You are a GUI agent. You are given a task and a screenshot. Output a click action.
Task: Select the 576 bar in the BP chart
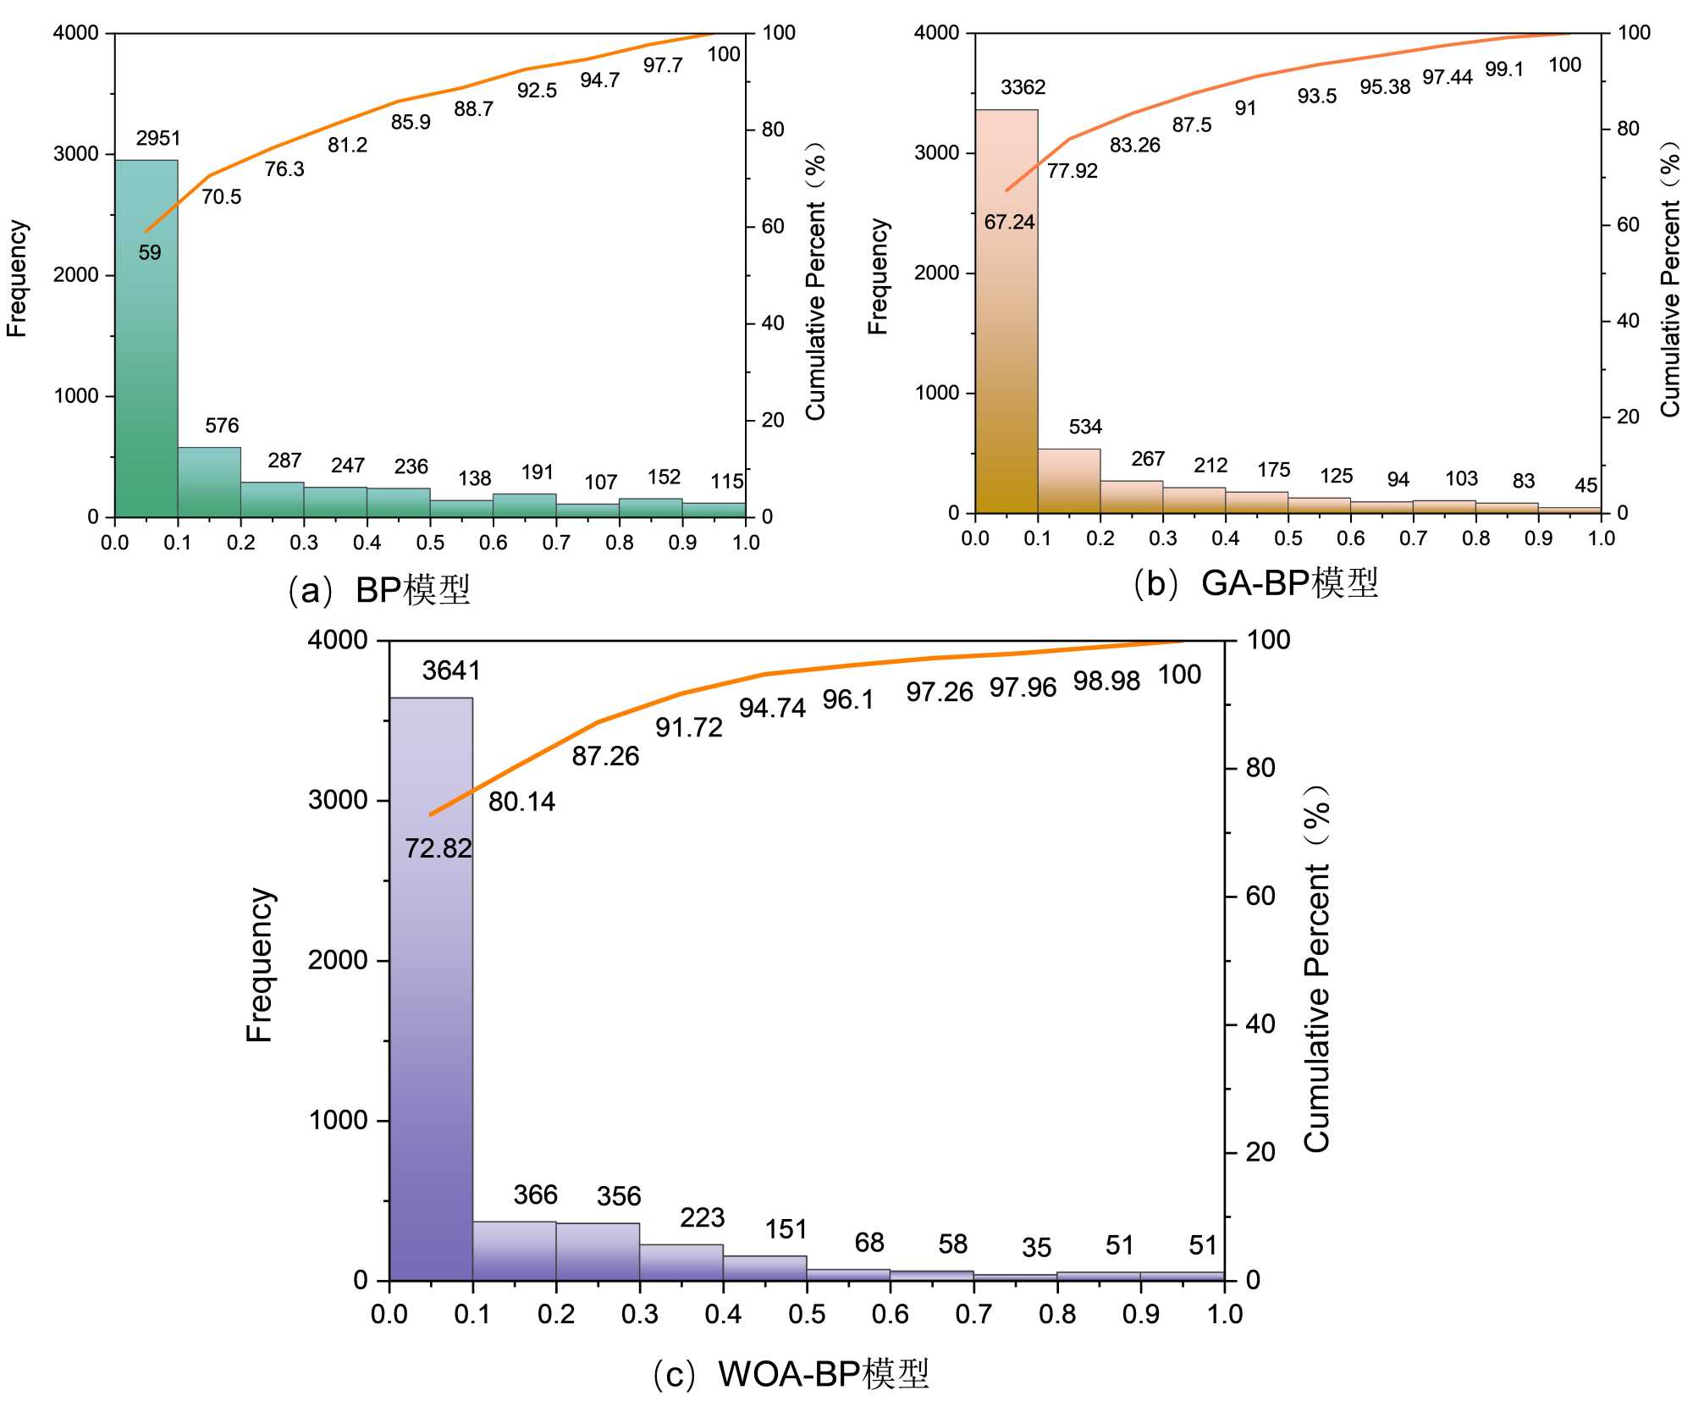209,482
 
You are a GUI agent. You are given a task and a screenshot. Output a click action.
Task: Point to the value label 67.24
1009,222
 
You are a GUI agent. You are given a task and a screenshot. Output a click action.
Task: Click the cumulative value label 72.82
438,847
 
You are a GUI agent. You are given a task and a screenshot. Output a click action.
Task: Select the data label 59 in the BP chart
150,252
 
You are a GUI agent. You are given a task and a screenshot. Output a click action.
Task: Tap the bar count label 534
1085,427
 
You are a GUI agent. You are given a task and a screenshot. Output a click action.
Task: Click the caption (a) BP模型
378,590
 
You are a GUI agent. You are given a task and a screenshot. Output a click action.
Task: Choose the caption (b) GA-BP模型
1255,583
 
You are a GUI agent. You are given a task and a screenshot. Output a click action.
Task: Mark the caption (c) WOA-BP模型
791,1373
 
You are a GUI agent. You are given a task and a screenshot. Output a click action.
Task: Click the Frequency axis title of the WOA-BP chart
260,964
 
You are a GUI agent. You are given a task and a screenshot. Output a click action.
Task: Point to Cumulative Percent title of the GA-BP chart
1669,279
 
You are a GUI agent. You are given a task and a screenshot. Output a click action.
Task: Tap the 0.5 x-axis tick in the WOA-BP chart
807,1314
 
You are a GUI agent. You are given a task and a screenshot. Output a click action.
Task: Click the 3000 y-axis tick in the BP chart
77,154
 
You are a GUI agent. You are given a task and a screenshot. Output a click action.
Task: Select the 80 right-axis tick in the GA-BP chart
1628,129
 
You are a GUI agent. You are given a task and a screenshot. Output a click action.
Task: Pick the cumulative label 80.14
521,801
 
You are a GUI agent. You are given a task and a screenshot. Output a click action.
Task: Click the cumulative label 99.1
1504,69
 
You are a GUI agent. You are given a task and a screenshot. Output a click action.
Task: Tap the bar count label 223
702,1217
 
